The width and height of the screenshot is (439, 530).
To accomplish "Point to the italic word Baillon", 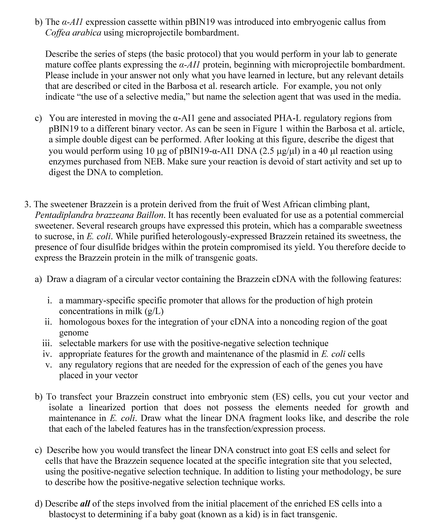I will tap(151, 215).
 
